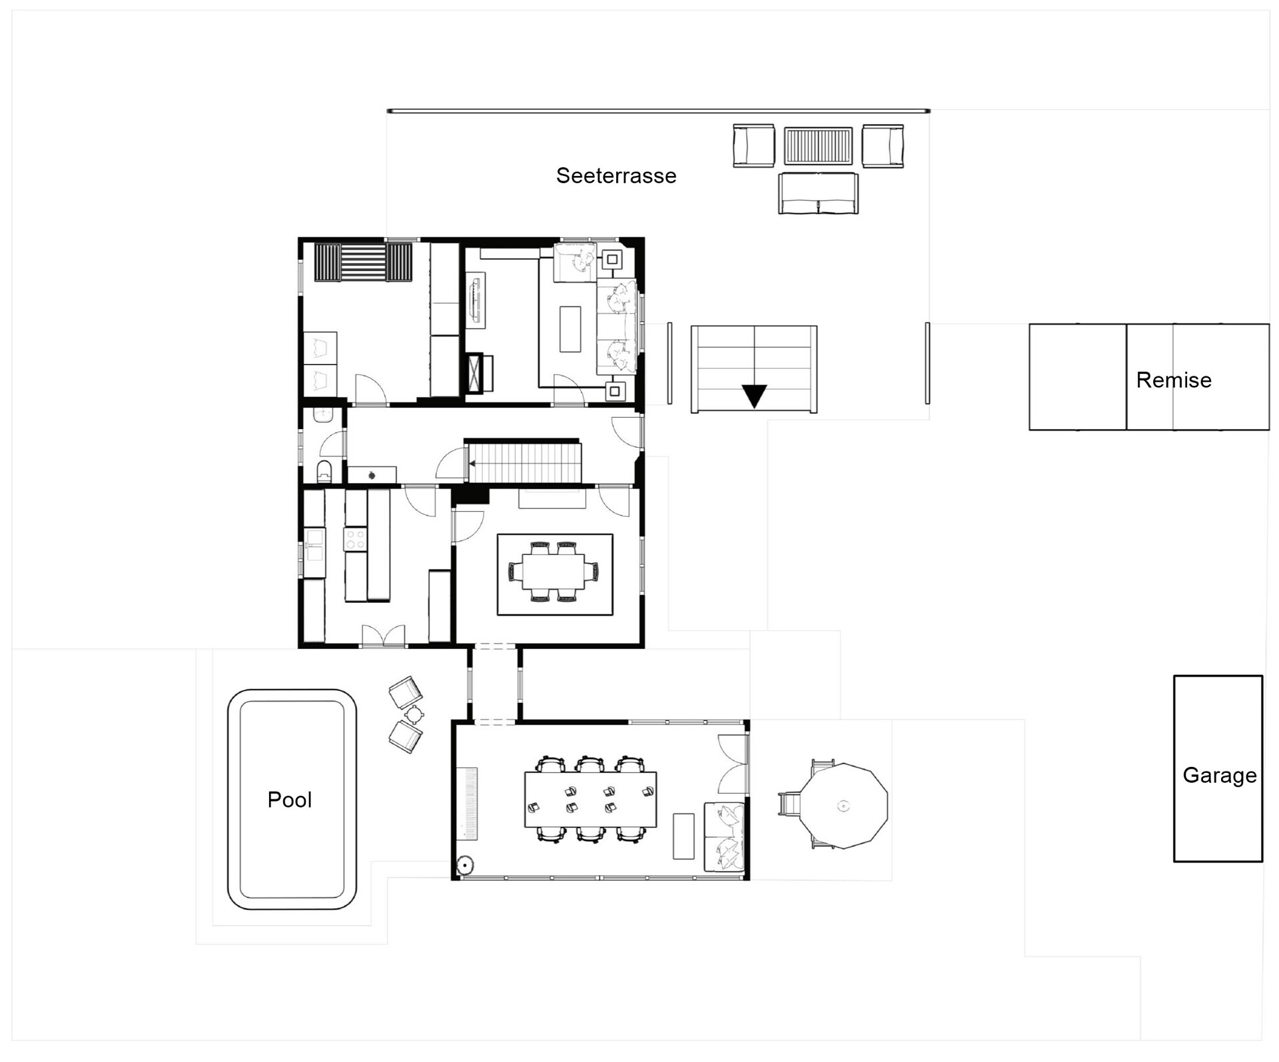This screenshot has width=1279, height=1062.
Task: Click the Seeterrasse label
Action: coord(616,176)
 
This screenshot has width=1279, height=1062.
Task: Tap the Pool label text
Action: coord(289,799)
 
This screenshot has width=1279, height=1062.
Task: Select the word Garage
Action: coord(1219,776)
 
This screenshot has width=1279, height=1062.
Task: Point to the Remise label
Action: coord(1174,380)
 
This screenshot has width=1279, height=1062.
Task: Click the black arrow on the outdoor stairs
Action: coord(754,396)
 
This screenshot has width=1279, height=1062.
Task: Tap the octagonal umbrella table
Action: coord(843,805)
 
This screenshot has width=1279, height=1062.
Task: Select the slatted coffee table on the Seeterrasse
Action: coord(818,146)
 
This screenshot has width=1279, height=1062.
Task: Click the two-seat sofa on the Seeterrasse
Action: coord(818,193)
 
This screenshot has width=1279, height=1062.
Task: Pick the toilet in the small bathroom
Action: coord(324,470)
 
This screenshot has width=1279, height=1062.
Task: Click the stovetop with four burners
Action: coord(355,539)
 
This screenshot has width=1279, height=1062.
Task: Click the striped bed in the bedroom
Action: coord(363,263)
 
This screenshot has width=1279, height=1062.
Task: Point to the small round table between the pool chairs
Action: coord(414,714)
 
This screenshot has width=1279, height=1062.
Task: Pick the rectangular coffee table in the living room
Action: coord(570,328)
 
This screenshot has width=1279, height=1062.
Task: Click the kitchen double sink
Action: coord(314,544)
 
